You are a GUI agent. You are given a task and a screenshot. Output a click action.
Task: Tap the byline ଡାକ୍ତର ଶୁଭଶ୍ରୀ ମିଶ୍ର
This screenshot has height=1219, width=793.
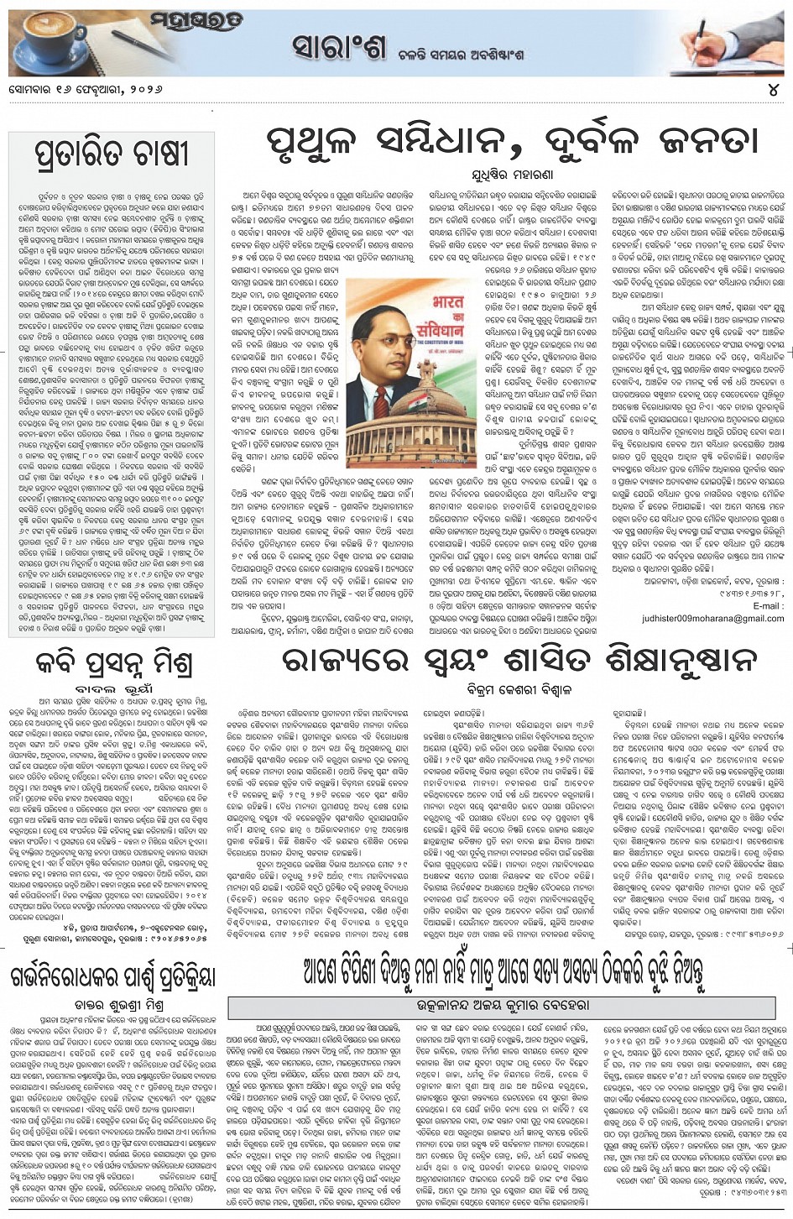pyautogui.click(x=113, y=1004)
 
